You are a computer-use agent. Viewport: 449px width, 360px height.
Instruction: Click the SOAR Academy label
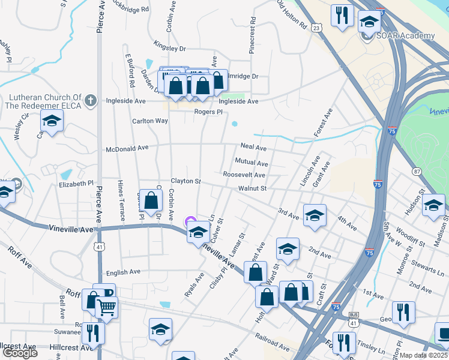coord(406,36)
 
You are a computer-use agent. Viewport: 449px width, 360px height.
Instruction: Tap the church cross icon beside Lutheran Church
coord(90,100)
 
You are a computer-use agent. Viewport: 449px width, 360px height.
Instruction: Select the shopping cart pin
coord(107,307)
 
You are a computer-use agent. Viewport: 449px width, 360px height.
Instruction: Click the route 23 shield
coord(317,28)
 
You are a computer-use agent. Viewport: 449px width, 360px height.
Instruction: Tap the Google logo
coord(19,353)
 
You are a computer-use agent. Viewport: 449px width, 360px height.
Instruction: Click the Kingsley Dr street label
coord(170,47)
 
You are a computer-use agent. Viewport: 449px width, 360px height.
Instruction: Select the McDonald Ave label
coord(127,148)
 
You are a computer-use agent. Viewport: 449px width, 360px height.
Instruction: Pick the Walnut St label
coord(252,188)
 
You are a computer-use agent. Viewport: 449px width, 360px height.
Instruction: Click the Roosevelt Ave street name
coord(244,175)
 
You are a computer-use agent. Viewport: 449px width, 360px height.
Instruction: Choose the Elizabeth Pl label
coord(77,184)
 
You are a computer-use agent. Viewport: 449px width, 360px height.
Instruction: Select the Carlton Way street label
coord(150,121)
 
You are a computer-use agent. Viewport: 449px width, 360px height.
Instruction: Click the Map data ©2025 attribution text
coord(424,355)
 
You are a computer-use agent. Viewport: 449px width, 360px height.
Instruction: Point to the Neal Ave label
coord(253,147)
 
